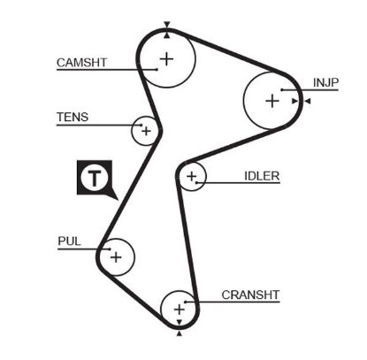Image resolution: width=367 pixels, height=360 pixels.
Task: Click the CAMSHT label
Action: (82, 62)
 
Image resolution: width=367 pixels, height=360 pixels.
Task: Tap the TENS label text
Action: (73, 117)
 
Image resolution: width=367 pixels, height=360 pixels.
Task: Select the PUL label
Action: (68, 241)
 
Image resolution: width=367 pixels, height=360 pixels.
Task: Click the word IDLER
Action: (262, 175)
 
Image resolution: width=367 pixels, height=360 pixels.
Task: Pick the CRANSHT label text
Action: (250, 295)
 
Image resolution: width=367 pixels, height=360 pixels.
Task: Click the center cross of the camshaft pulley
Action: (166, 59)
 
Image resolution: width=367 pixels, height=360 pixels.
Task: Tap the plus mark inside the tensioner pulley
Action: (146, 132)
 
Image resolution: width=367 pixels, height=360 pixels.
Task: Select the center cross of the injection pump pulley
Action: (271, 101)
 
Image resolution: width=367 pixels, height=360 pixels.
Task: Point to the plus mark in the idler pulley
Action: (190, 178)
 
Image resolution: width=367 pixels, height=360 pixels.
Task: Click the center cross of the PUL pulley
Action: (115, 257)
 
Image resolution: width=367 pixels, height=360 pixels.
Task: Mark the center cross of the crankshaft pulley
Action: (180, 310)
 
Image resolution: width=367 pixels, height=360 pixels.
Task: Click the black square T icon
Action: (94, 178)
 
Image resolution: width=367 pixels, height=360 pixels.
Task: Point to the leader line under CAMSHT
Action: (97, 71)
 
